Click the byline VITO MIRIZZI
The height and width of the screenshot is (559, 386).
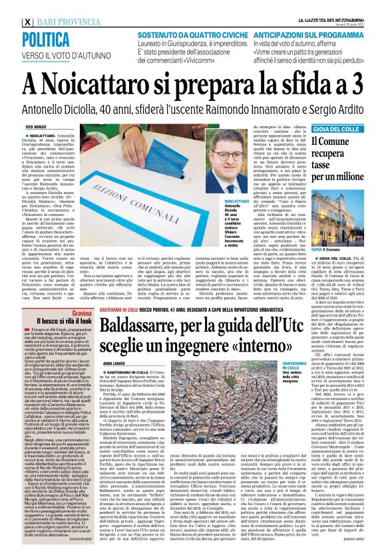[x=38, y=126]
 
